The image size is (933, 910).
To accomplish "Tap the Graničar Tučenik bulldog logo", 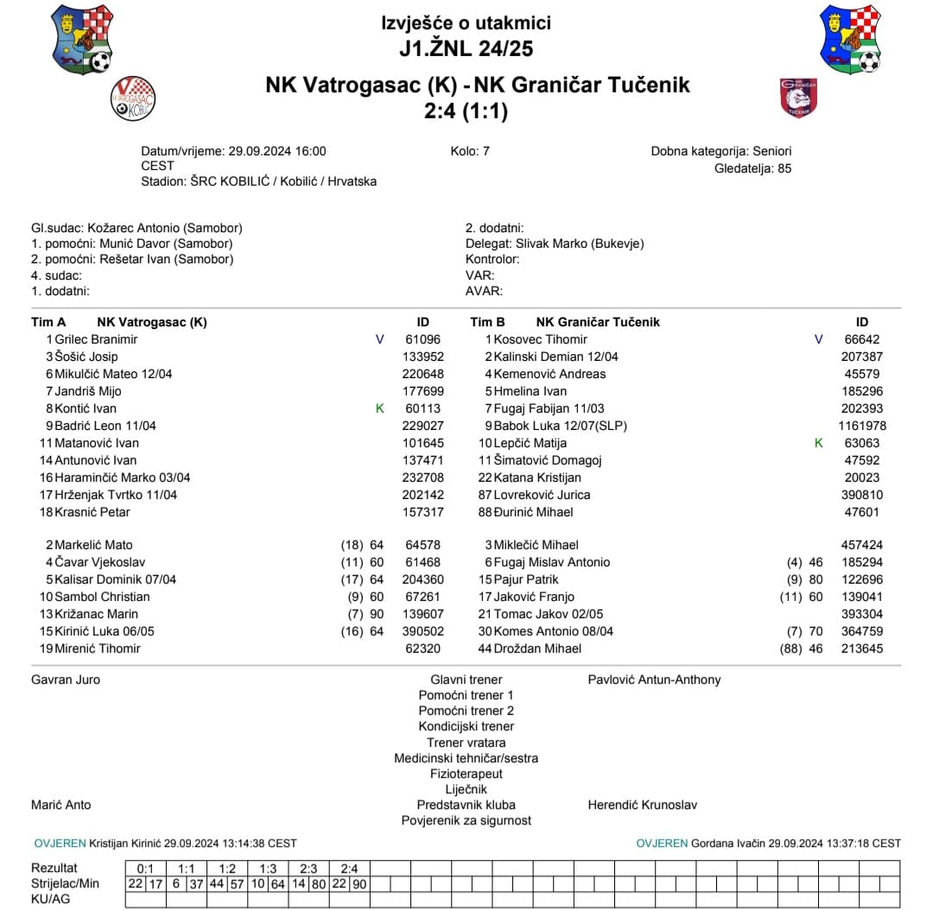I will [x=797, y=98].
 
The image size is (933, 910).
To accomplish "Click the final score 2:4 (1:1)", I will [x=466, y=111].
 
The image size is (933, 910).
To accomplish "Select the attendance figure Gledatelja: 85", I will [x=752, y=168].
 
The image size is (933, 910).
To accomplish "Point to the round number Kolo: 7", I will [x=470, y=151].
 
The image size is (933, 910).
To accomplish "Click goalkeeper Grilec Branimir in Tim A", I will [x=96, y=339].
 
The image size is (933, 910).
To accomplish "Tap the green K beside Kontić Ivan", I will [x=380, y=408].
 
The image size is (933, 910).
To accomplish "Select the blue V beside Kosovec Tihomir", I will [x=819, y=339].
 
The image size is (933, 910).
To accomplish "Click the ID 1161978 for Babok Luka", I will [x=861, y=426].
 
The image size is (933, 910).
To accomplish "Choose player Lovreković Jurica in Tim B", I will [x=542, y=495].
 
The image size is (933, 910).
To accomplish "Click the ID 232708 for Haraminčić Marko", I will [x=422, y=477].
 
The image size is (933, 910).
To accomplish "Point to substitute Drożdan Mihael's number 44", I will [x=486, y=648].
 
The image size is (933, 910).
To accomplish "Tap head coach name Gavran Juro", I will [x=66, y=679].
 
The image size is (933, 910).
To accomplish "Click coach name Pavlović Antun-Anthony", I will [x=654, y=679].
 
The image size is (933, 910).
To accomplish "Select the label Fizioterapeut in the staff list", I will [x=466, y=774].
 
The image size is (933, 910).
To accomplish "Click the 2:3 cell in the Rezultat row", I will [x=308, y=868].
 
